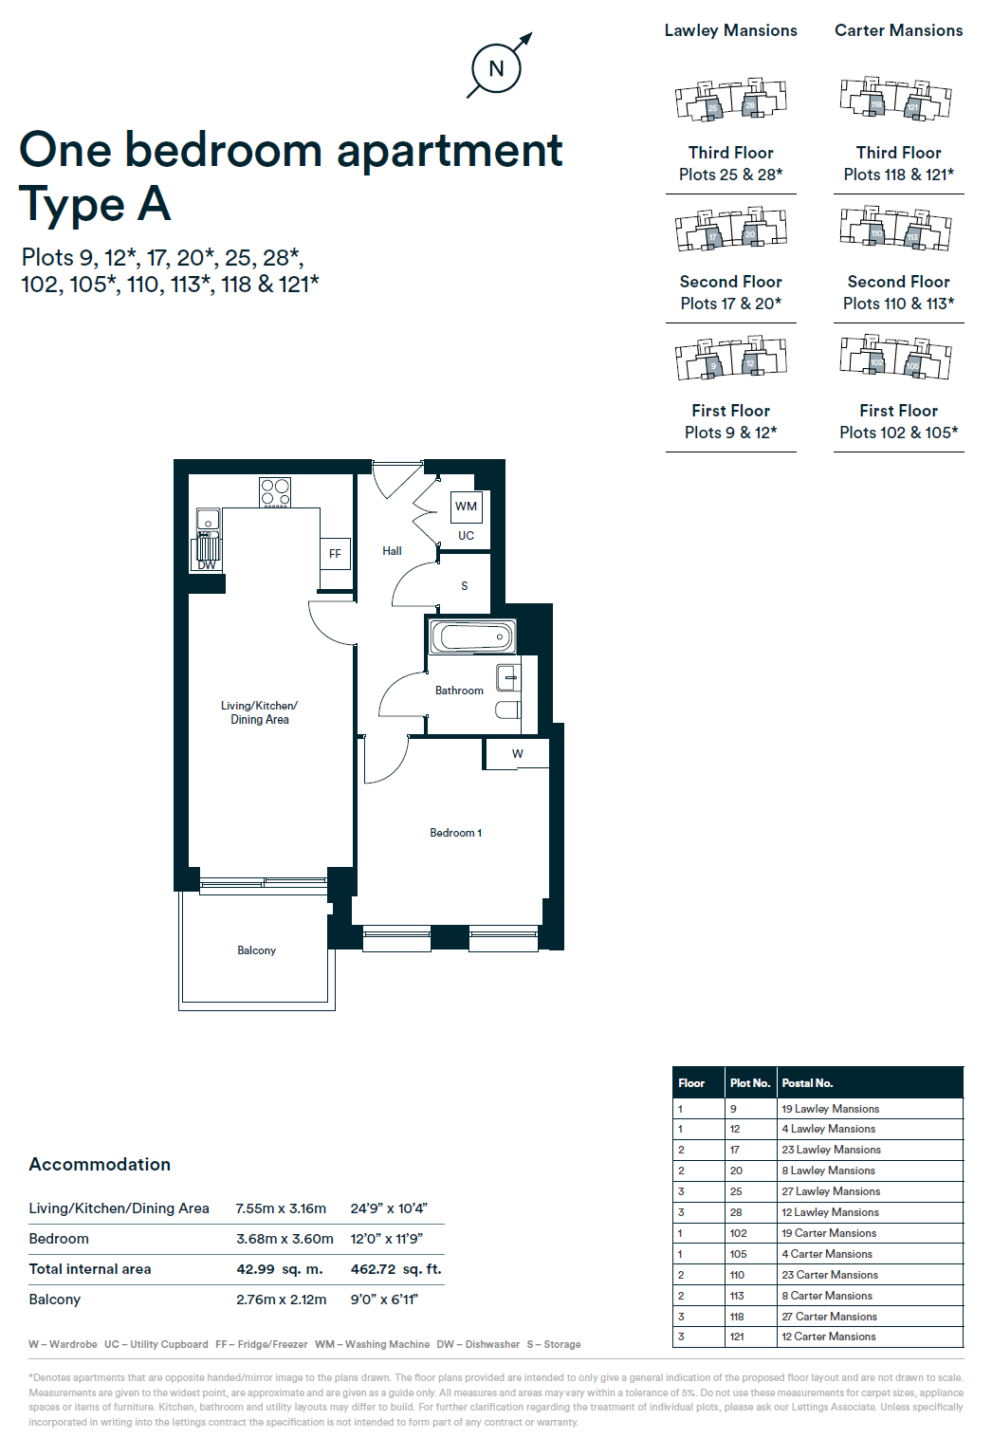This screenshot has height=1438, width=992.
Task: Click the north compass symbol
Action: click(x=496, y=68)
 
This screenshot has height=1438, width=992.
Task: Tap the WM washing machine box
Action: click(x=466, y=507)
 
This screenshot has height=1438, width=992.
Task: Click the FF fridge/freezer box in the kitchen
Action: click(x=335, y=554)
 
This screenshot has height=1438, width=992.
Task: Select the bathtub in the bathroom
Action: click(x=472, y=636)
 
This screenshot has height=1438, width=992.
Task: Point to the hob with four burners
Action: click(x=275, y=492)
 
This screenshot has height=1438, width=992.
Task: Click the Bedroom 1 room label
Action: click(x=455, y=833)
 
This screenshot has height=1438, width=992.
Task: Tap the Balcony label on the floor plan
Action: click(x=256, y=950)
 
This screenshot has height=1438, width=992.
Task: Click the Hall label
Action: click(x=392, y=551)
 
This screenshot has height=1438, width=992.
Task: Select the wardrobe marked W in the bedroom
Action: click(x=517, y=754)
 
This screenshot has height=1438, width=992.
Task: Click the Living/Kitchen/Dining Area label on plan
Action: click(x=259, y=712)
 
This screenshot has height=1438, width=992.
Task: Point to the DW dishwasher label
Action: click(x=207, y=565)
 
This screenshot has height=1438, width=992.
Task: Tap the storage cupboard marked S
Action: click(x=464, y=586)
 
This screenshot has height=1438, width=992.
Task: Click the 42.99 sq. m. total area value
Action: click(x=280, y=1269)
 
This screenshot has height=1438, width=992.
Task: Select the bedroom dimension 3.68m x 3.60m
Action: click(x=285, y=1239)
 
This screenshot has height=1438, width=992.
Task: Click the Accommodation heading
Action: click(x=100, y=1165)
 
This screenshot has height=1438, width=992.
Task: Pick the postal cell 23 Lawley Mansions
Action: click(x=831, y=1150)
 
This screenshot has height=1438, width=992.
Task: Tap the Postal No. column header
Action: click(x=807, y=1083)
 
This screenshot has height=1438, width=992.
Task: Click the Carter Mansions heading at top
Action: click(x=898, y=30)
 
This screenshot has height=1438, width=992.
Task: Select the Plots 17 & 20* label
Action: click(x=730, y=304)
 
